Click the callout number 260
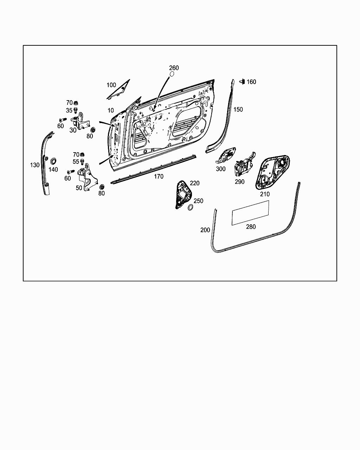[x=174, y=68]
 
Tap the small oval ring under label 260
[x=172, y=75]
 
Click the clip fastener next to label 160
[x=242, y=82]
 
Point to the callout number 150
[x=238, y=109]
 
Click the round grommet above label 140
[x=54, y=161]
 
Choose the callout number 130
[x=34, y=165]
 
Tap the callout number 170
[x=159, y=176]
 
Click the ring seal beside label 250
[x=190, y=208]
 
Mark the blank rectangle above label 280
[x=250, y=212]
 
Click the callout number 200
[x=205, y=230]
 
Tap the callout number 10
[x=110, y=110]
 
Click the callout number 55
[x=76, y=162]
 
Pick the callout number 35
[x=69, y=110]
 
